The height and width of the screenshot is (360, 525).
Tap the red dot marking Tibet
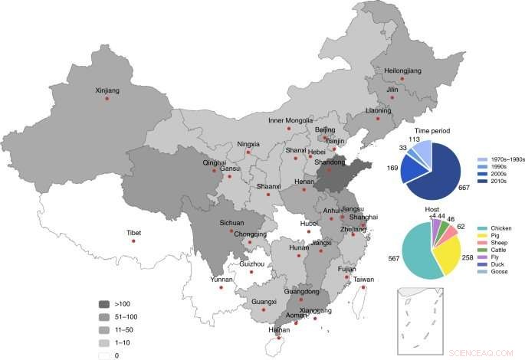(133, 241)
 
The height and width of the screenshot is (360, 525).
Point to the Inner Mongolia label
(290, 120)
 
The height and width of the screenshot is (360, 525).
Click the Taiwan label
(364, 280)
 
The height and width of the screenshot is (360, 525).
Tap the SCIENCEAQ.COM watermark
(484, 353)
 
